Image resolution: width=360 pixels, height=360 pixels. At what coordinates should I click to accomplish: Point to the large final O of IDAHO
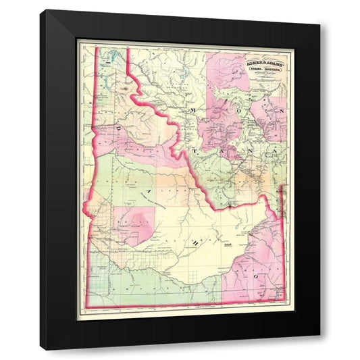pyautogui.click(x=256, y=276)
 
